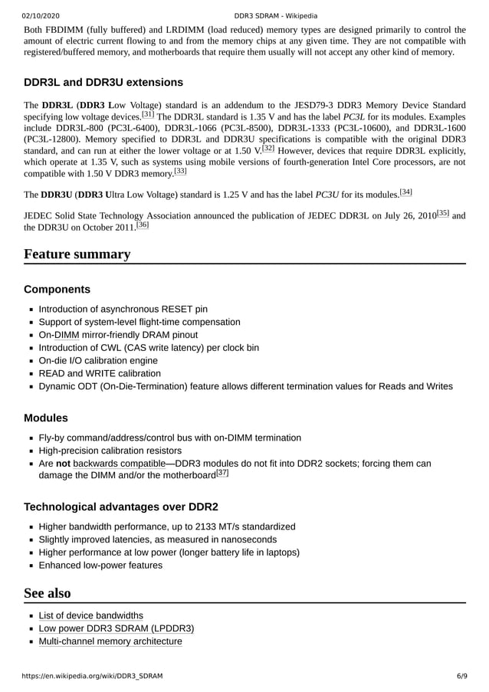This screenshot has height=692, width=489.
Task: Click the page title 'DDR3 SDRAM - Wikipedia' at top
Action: click(x=276, y=15)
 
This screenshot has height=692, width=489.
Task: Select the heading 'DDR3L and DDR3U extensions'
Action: click(x=103, y=82)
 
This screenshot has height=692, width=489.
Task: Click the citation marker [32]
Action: click(x=268, y=148)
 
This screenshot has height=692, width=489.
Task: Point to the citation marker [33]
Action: click(x=180, y=171)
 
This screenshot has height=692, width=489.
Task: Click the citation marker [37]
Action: click(x=223, y=474)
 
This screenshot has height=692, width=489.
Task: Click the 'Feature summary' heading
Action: click(x=77, y=254)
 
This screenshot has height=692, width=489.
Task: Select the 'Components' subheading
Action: click(x=57, y=290)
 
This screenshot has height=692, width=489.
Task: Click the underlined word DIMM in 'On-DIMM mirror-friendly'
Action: click(x=67, y=335)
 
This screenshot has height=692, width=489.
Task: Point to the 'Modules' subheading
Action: click(x=46, y=418)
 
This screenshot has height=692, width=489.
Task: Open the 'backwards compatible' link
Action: click(x=120, y=464)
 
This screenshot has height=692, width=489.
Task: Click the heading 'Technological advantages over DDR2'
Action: click(x=121, y=507)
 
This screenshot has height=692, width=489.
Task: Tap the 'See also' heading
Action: click(x=48, y=593)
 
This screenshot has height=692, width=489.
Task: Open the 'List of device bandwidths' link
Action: click(x=90, y=615)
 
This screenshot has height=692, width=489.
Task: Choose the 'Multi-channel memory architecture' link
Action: click(x=110, y=641)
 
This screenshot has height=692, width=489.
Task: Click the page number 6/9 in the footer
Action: click(x=462, y=676)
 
